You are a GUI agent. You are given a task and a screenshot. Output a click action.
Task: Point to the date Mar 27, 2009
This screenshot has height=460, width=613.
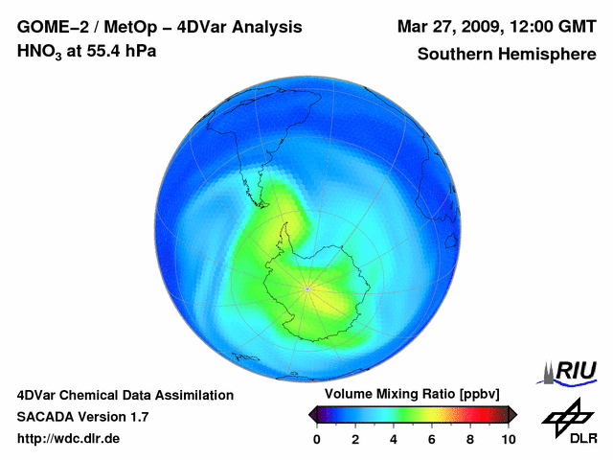(449, 26)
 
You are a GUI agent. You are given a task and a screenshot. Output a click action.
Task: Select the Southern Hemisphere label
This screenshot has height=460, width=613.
(506, 54)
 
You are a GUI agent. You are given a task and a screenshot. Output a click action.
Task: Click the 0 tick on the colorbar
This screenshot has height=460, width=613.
(317, 439)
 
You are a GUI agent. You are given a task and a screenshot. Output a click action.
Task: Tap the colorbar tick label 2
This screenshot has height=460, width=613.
(355, 439)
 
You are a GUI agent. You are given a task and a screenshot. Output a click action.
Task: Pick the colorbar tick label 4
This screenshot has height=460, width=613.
(394, 439)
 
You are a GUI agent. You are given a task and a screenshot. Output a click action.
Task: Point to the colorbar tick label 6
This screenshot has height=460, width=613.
(432, 439)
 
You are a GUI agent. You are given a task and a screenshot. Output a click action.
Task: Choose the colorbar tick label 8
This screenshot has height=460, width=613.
(470, 439)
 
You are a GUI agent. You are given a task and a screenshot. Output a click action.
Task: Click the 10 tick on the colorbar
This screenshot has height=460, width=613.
(508, 439)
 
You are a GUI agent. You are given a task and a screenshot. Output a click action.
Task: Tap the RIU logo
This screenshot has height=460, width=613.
(571, 371)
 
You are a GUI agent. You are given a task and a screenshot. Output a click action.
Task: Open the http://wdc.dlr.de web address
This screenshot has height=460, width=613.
(69, 439)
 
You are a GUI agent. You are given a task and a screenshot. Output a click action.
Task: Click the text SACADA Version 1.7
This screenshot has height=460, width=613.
(82, 417)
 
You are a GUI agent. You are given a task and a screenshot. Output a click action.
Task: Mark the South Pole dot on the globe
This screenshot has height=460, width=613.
(306, 287)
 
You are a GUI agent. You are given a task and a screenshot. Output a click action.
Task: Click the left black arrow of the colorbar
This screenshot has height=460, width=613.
(313, 414)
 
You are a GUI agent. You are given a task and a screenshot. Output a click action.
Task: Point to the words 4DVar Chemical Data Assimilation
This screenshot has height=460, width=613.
(125, 395)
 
